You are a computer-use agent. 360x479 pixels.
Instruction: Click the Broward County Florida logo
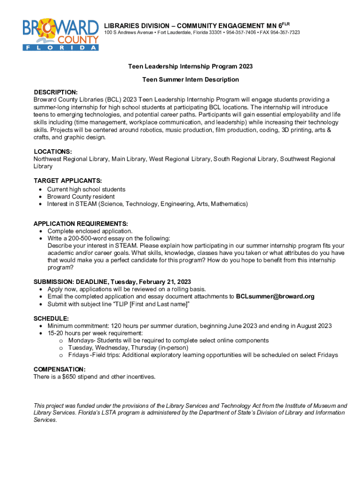click(61, 34)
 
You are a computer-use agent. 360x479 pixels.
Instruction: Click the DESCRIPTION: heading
click(55, 92)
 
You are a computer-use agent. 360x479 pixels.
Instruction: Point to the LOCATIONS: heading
click(53, 152)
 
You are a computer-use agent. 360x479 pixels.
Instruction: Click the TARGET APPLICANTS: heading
click(68, 181)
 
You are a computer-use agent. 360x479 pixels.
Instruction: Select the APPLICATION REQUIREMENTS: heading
click(80, 224)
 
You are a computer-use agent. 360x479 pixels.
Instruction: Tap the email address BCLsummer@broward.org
click(275, 297)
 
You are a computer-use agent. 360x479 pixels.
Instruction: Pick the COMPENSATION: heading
click(59, 369)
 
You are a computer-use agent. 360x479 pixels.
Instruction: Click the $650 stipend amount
click(69, 377)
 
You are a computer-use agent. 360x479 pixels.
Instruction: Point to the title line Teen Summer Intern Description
click(190, 80)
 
